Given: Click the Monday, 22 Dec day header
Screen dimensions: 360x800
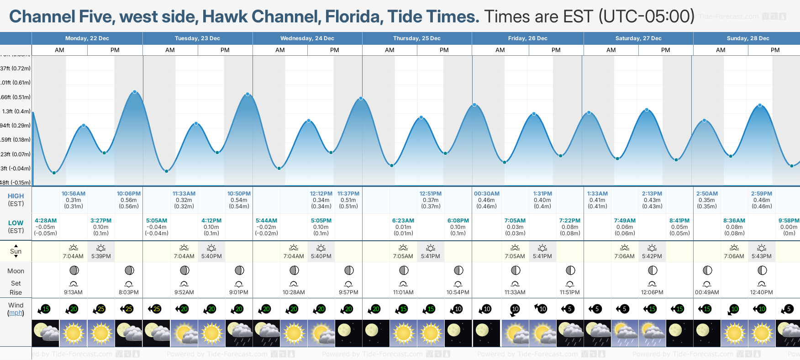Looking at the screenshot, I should (x=87, y=38).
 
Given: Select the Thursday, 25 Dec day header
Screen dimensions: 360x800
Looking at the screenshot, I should (x=416, y=38).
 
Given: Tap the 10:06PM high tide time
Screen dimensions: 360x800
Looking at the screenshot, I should (x=129, y=194).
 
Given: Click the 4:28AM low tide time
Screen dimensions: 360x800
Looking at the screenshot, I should (x=46, y=221).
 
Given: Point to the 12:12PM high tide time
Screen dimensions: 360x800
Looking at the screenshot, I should (x=321, y=194).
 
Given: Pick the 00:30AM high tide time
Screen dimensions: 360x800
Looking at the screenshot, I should (x=487, y=194).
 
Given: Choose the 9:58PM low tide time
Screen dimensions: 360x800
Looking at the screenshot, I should (x=789, y=221).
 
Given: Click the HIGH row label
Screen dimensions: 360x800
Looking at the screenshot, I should (x=16, y=196).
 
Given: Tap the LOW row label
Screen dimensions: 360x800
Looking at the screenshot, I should (x=16, y=223).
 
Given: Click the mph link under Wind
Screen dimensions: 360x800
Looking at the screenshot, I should (x=16, y=313).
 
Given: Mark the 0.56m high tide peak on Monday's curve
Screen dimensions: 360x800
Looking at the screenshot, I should (x=135, y=92).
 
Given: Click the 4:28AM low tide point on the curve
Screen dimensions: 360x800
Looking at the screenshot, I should (x=54, y=173).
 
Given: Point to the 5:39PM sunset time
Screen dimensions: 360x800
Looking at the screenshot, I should (x=101, y=256).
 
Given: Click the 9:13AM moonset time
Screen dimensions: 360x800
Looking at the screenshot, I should (x=73, y=292).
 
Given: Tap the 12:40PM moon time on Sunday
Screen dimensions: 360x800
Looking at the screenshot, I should (x=761, y=292).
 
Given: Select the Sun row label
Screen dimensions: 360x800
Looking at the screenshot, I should (x=16, y=251).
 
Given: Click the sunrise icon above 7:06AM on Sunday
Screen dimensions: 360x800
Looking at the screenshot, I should (x=734, y=248).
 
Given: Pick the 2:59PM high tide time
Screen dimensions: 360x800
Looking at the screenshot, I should (x=761, y=194).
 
